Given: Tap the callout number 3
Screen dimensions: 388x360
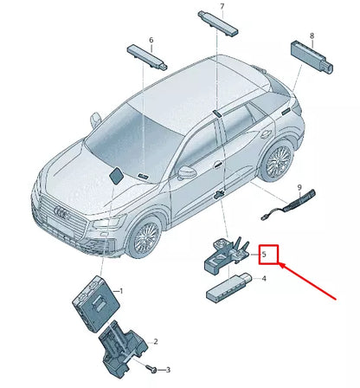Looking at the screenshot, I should [x=167, y=369].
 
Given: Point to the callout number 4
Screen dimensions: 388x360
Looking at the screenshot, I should [x=264, y=278].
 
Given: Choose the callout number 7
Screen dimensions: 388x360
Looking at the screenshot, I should [x=222, y=7].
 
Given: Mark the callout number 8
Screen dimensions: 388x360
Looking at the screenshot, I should [x=312, y=36].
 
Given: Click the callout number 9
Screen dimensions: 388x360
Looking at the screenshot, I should [x=299, y=188].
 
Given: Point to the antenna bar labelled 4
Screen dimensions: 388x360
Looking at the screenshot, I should [x=229, y=285].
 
